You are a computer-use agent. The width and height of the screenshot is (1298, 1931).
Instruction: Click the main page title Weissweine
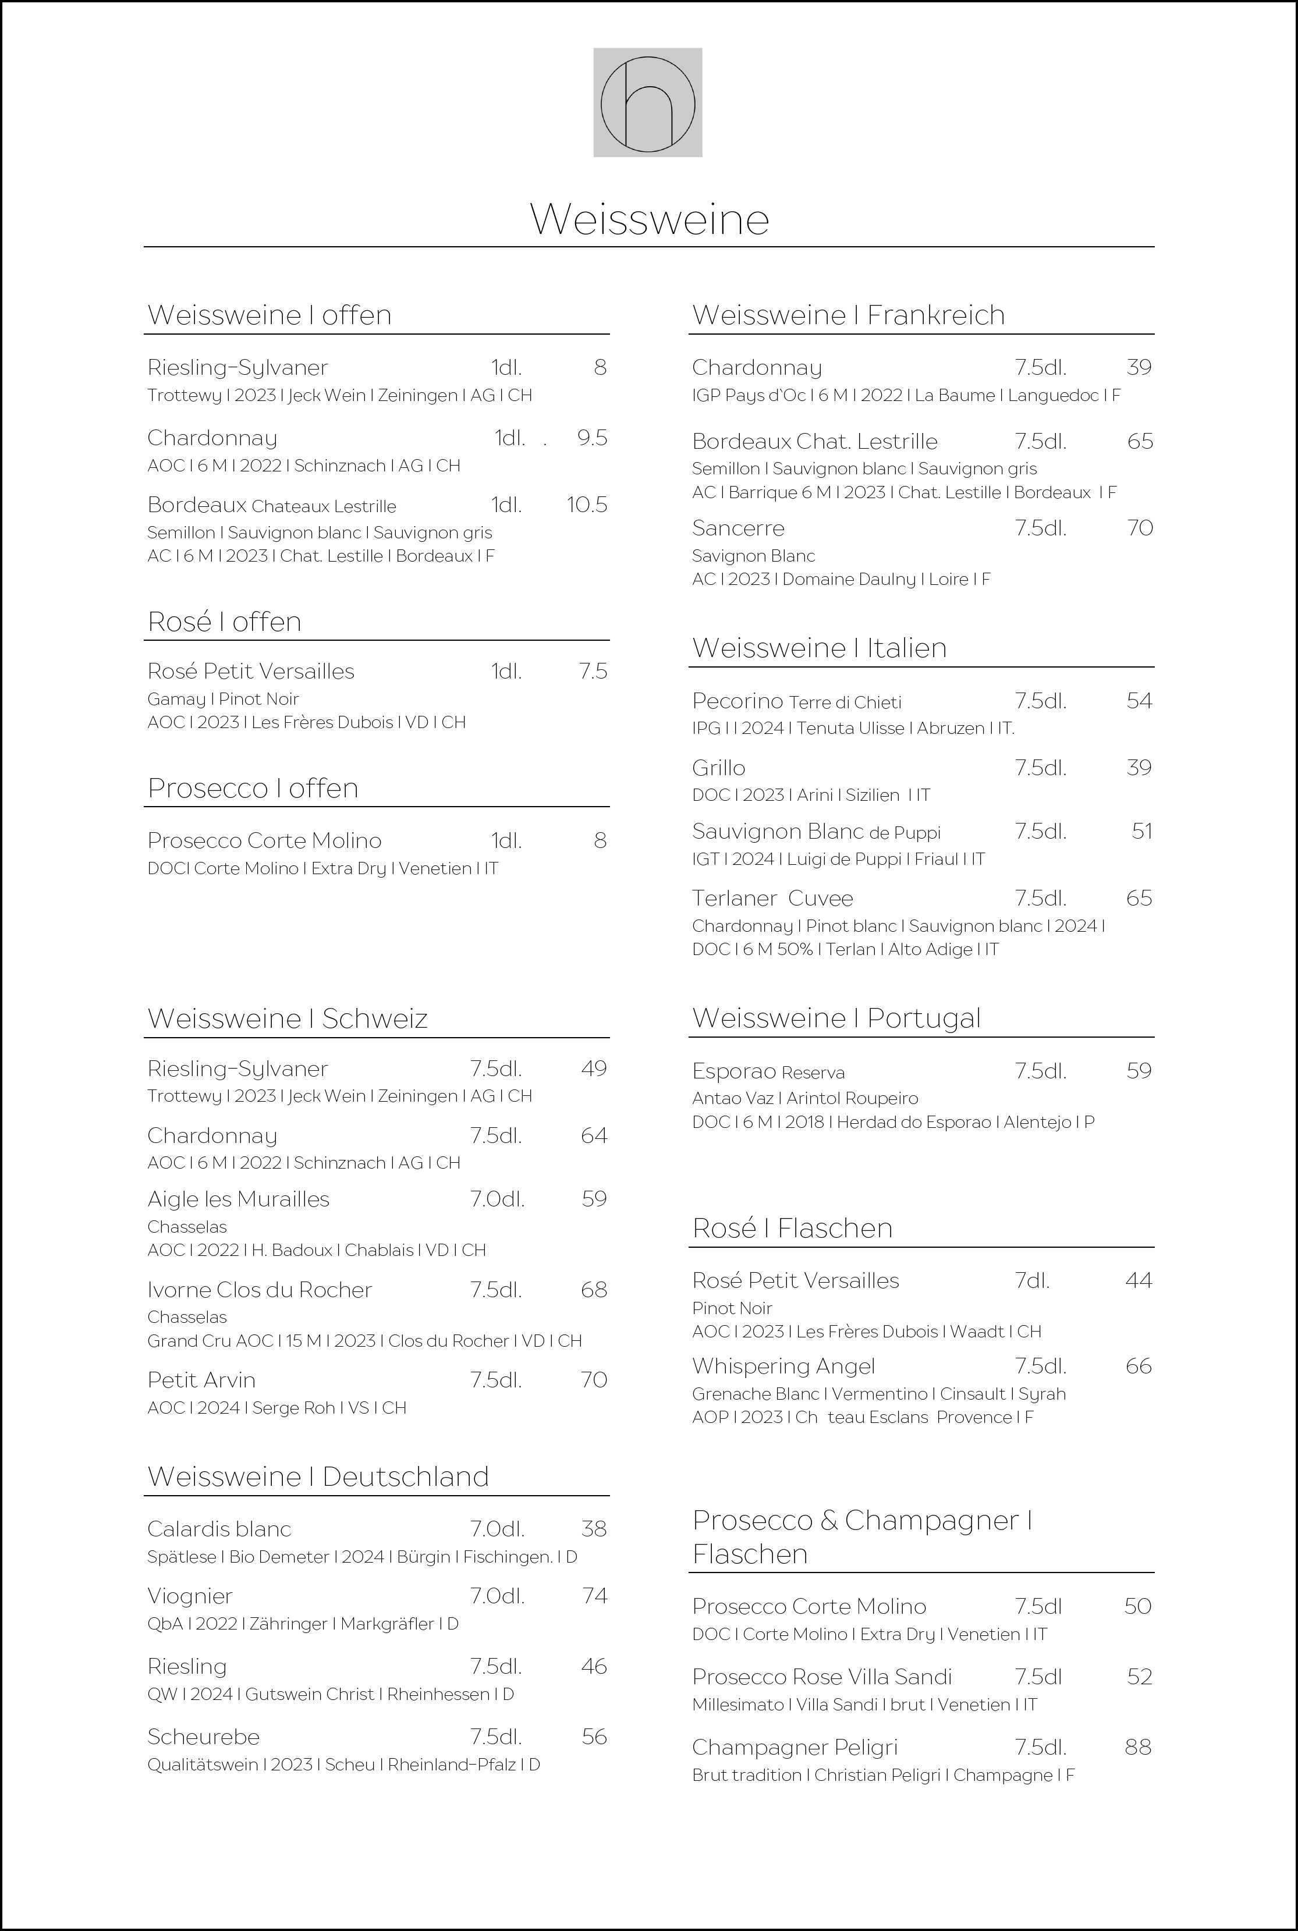point(649,219)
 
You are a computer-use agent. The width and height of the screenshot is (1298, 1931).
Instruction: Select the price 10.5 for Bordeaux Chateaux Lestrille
point(586,505)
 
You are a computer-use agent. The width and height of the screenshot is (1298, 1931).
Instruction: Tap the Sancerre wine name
point(737,528)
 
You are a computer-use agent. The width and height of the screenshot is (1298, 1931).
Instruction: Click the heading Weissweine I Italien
point(819,647)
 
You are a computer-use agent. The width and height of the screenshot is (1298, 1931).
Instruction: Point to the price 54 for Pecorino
point(1139,701)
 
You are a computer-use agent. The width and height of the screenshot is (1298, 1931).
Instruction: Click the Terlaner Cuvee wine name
point(771,898)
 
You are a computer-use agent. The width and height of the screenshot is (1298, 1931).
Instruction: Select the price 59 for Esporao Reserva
point(1139,1071)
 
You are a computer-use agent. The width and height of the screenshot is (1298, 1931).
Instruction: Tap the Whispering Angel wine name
point(783,1366)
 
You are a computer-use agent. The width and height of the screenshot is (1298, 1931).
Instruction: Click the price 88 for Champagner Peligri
point(1137,1747)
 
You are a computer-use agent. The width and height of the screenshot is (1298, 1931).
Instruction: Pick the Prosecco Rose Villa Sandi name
point(821,1677)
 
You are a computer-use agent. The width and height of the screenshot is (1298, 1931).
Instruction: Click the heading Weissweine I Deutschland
point(318,1476)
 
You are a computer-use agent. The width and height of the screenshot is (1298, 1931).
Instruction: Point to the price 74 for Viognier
point(594,1596)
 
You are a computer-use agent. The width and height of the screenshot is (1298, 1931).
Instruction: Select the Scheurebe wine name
point(203,1737)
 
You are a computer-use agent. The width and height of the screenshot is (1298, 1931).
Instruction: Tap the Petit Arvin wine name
point(201,1380)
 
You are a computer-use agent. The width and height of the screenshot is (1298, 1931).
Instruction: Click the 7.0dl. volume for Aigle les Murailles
point(496,1199)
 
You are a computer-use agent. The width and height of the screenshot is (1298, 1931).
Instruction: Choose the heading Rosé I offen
point(224,622)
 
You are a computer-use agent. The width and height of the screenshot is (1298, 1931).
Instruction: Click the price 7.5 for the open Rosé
point(593,671)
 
